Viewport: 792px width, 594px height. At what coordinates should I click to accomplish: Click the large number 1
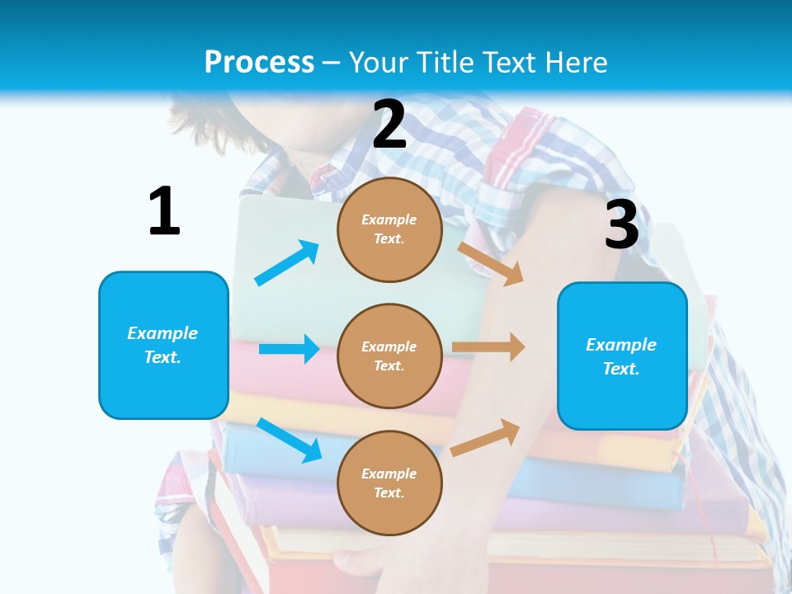(164, 211)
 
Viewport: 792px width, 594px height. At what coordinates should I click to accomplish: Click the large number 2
(389, 125)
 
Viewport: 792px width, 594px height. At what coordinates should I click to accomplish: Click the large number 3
(621, 224)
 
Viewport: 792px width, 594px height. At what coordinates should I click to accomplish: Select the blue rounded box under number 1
(163, 345)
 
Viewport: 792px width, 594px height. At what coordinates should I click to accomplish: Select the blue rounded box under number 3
(622, 356)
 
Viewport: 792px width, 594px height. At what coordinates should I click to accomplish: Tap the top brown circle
(389, 229)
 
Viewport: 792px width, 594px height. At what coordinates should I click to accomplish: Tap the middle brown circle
(389, 356)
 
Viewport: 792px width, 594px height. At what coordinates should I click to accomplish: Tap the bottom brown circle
(389, 483)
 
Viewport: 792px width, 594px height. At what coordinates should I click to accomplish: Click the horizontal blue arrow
(289, 349)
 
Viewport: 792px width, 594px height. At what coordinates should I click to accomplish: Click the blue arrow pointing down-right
(290, 440)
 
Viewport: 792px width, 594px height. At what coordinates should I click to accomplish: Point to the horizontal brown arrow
(488, 347)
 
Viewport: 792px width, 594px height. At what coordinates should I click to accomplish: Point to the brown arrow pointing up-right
(485, 438)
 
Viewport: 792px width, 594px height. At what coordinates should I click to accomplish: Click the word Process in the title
(259, 63)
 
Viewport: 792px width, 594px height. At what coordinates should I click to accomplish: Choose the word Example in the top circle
(389, 219)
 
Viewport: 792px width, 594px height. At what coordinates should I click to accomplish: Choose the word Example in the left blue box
(163, 333)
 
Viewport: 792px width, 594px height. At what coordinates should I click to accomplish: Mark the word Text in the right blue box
(620, 369)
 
